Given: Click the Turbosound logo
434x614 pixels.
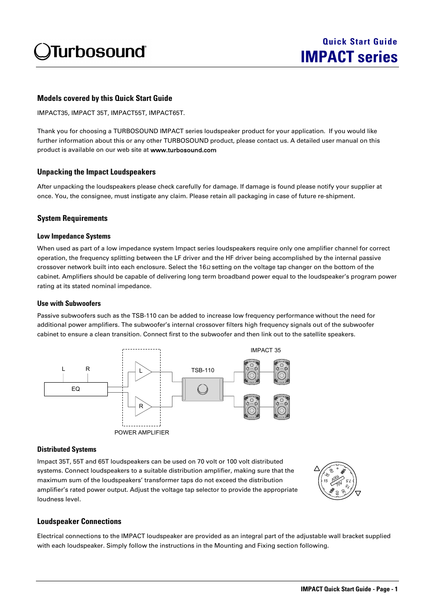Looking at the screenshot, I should pyautogui.click(x=90, y=52).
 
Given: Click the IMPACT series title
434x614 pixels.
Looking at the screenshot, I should pyautogui.click(x=349, y=57).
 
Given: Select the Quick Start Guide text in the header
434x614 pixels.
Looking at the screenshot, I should pyautogui.click(x=359, y=41).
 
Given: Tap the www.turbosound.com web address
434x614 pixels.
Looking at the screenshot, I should pyautogui.click(x=183, y=150).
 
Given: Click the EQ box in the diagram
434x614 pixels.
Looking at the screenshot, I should pyautogui.click(x=76, y=389).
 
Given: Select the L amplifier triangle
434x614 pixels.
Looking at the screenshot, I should pyautogui.click(x=142, y=371).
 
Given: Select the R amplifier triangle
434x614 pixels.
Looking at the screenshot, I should pyautogui.click(x=142, y=406).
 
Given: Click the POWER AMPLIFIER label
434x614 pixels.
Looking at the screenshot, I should pyautogui.click(x=141, y=433).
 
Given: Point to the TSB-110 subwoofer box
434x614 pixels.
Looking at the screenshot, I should pyautogui.click(x=202, y=389).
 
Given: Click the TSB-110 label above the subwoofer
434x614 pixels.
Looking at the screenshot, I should pyautogui.click(x=202, y=370).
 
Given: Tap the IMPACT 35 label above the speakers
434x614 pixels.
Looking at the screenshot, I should pyautogui.click(x=266, y=350).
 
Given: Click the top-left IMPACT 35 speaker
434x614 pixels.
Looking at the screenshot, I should pyautogui.click(x=252, y=372).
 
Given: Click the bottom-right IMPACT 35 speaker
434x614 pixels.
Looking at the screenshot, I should pyautogui.click(x=282, y=407).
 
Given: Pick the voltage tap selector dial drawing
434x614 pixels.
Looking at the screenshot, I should pyautogui.click(x=337, y=481).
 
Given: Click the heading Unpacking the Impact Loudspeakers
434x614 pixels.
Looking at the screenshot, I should pyautogui.click(x=96, y=172).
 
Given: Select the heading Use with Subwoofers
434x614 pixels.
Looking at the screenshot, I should pyautogui.click(x=69, y=304).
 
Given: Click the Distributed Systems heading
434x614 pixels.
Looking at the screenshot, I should pyautogui.click(x=67, y=449).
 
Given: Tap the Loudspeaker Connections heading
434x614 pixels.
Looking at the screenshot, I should pyautogui.click(x=79, y=522).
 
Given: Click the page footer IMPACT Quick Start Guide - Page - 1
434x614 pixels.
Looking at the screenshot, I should pyautogui.click(x=349, y=589).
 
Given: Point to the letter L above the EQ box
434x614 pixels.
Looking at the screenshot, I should pyautogui.click(x=63, y=369).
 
